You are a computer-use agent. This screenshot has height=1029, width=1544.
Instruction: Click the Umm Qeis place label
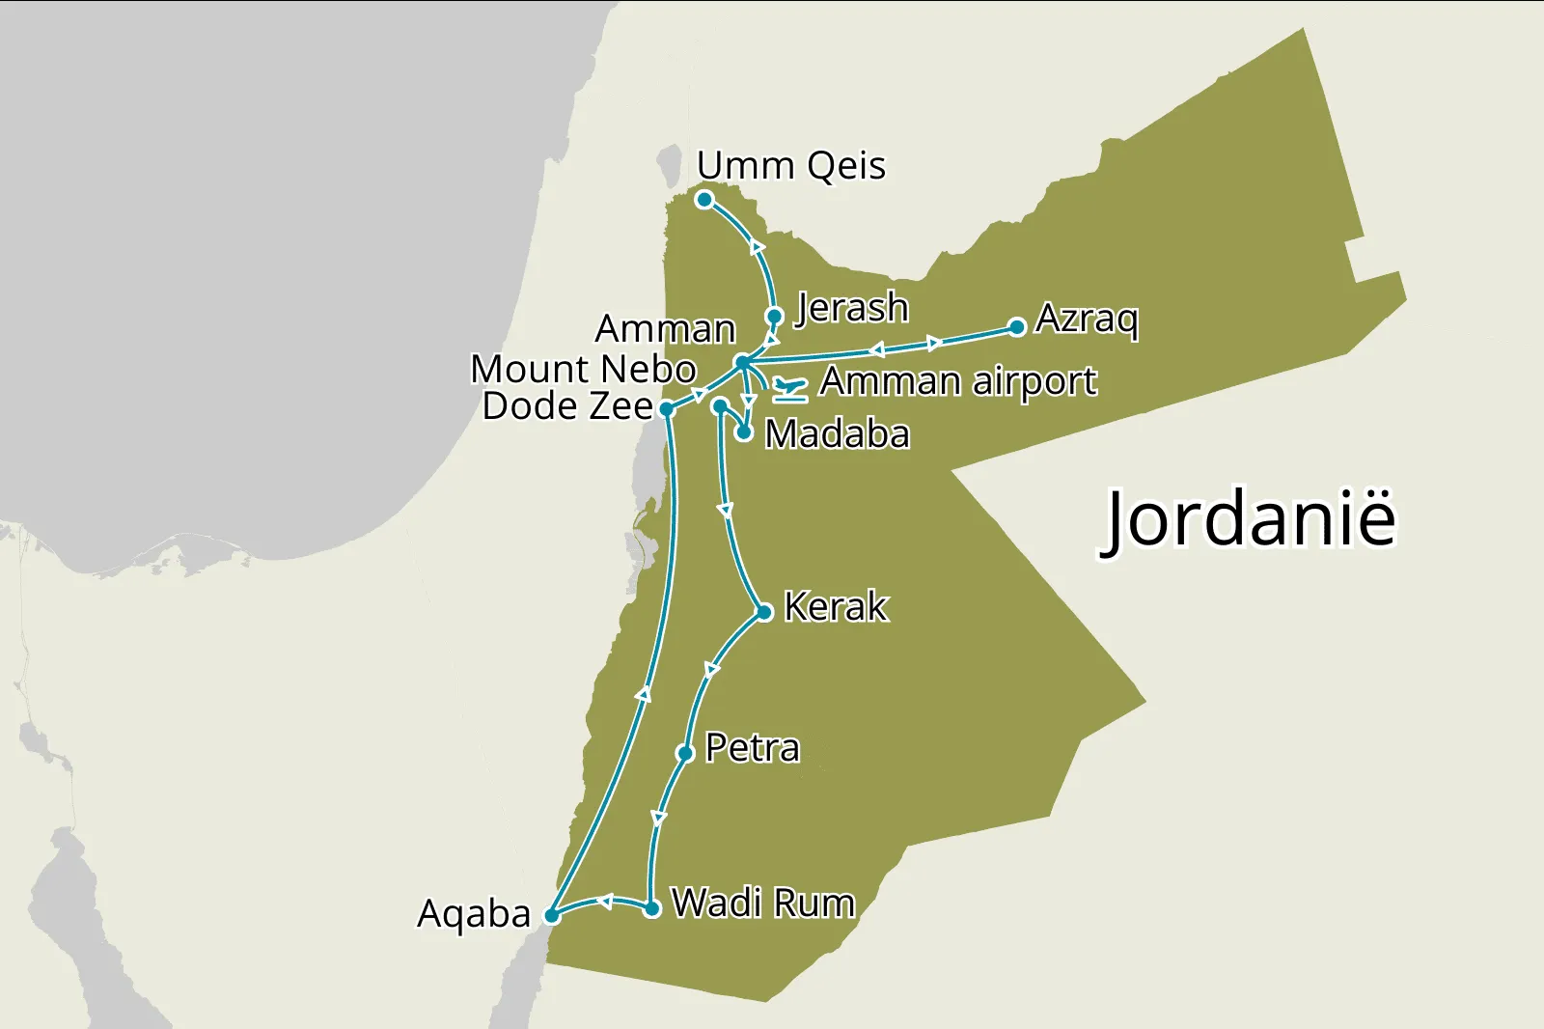pyautogui.click(x=791, y=166)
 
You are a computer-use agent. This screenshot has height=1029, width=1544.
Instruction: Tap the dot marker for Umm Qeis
pyautogui.click(x=704, y=200)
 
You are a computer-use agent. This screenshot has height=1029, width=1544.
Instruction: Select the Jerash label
pyautogui.click(x=851, y=309)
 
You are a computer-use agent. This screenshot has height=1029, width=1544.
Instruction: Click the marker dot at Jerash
pyautogui.click(x=774, y=316)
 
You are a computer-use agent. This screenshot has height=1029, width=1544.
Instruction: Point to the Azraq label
pyautogui.click(x=1087, y=319)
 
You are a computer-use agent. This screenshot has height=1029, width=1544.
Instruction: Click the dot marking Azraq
pyautogui.click(x=1017, y=327)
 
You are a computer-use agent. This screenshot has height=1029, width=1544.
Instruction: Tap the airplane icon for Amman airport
pyautogui.click(x=789, y=389)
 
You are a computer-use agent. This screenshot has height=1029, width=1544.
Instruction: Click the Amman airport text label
pyautogui.click(x=958, y=382)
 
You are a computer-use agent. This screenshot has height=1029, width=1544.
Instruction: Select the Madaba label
pyautogui.click(x=837, y=434)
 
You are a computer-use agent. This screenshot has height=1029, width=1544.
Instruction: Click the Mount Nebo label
pyautogui.click(x=583, y=369)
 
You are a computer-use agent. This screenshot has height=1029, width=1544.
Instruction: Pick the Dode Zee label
pyautogui.click(x=567, y=406)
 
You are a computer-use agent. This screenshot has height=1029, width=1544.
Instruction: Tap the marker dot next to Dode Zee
pyautogui.click(x=666, y=409)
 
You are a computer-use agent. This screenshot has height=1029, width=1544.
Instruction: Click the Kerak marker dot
pyautogui.click(x=764, y=612)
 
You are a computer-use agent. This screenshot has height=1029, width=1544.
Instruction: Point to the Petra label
pyautogui.click(x=753, y=748)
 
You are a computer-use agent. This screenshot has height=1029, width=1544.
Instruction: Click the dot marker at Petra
pyautogui.click(x=685, y=753)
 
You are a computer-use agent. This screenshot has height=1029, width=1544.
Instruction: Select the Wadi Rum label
pyautogui.click(x=763, y=904)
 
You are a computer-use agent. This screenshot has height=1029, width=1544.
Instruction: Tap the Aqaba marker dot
pyautogui.click(x=552, y=915)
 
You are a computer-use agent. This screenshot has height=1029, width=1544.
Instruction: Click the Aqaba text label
pyautogui.click(x=474, y=914)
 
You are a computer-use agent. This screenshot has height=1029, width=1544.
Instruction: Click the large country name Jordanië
pyautogui.click(x=1250, y=519)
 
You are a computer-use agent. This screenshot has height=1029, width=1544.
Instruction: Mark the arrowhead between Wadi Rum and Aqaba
pyautogui.click(x=605, y=902)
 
